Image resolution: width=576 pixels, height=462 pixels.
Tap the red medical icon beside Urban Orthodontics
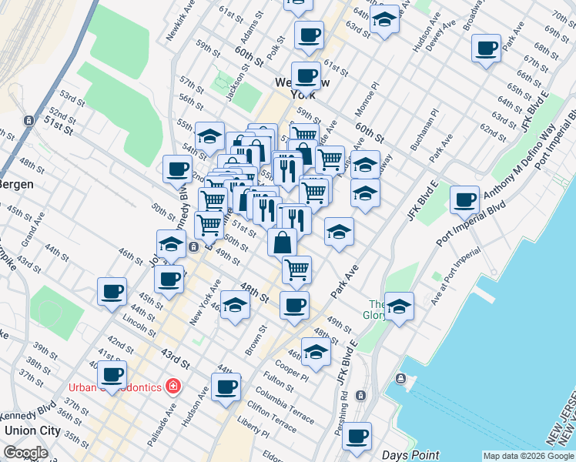pyautogui.click(x=172, y=385)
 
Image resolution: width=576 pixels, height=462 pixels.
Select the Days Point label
pyautogui.click(x=410, y=455)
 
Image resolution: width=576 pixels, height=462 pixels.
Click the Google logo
pyautogui.click(x=25, y=452)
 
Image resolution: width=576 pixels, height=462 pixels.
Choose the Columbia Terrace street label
pyautogui.click(x=286, y=406)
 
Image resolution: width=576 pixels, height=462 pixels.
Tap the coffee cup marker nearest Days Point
pyautogui.click(x=357, y=437)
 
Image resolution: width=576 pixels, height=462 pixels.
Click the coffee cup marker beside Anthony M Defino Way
pyautogui.click(x=465, y=200)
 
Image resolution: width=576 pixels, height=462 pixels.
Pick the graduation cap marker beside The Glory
pyautogui.click(x=399, y=307)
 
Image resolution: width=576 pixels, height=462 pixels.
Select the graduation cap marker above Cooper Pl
pyautogui.click(x=315, y=352)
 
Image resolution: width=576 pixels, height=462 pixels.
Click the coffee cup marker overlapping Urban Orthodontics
pyautogui.click(x=112, y=375)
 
